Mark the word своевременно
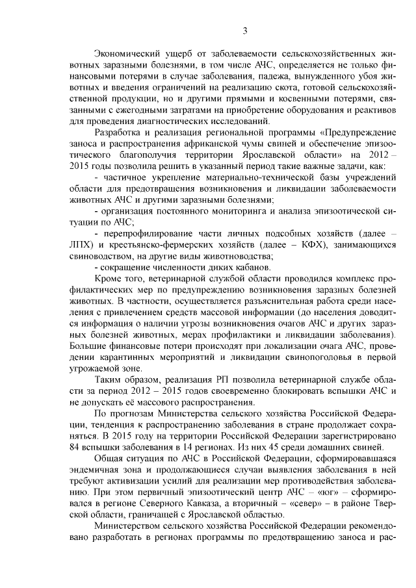pyautogui.click(x=233, y=392)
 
